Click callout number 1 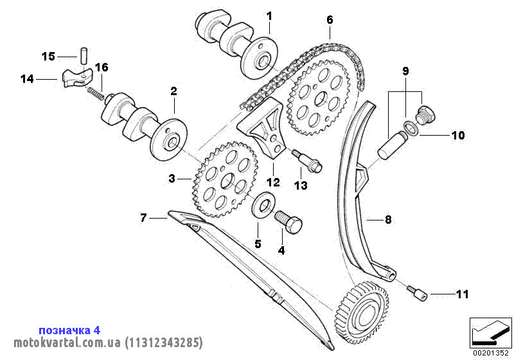coord(269,15)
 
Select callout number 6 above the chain coord(330,20)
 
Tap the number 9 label coord(405,69)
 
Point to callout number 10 coord(457,136)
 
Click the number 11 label coord(462,294)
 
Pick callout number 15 coord(49,57)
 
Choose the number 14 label coord(27,79)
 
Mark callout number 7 coord(143,219)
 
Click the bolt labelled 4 coord(289,222)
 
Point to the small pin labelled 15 coord(83,53)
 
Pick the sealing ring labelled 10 coord(413,128)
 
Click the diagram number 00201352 coord(490,352)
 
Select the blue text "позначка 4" coord(69,330)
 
